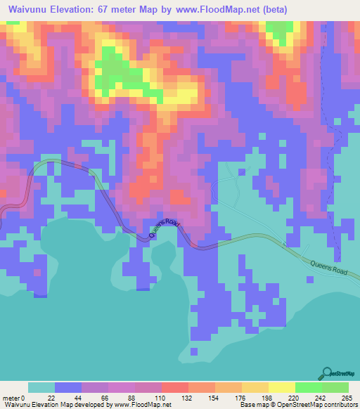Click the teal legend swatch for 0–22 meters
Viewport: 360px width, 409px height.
click(x=41, y=388)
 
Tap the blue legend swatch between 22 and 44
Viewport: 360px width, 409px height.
click(x=68, y=388)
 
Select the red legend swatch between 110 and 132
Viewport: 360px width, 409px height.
click(x=175, y=388)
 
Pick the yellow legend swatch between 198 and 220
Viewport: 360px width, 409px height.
click(x=282, y=388)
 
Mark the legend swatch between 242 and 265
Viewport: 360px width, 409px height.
click(x=335, y=388)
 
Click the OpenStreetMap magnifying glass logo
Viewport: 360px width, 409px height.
click(x=328, y=374)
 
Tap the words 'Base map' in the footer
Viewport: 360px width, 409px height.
click(x=250, y=404)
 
